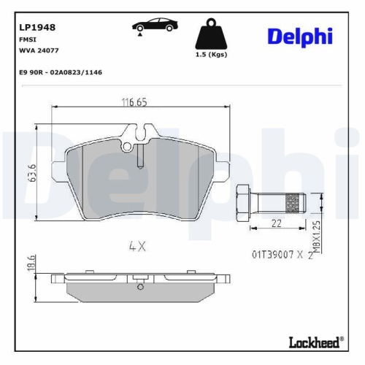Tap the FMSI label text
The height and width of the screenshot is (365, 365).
(27, 40)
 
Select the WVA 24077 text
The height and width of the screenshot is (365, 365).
(39, 51)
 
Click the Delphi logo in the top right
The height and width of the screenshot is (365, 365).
(299, 35)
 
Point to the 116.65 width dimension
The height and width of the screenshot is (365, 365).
(134, 103)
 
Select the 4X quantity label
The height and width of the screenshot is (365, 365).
(137, 247)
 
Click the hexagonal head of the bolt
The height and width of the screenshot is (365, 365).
(243, 199)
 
